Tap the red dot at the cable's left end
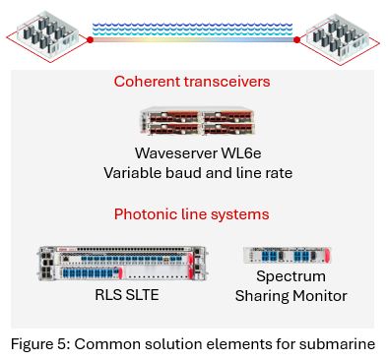coord(90,40)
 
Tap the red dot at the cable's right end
coord(298,40)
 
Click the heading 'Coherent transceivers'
coord(192,82)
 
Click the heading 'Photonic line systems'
coord(192,213)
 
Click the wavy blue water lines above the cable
coord(194,28)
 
